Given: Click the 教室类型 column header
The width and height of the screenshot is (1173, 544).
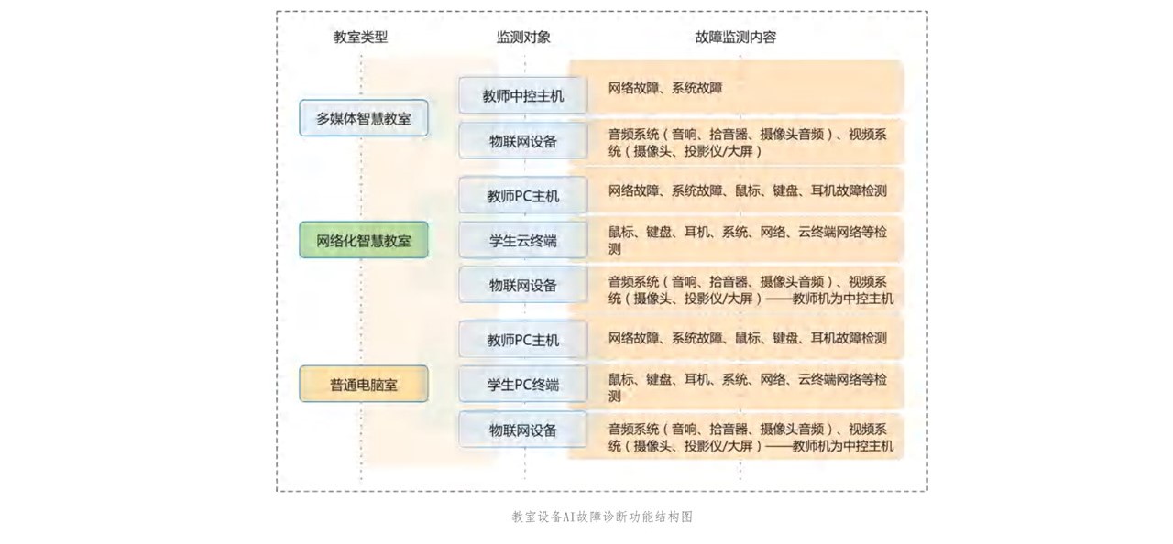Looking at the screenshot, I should point(360,38).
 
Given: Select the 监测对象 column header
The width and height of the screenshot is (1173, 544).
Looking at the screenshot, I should point(523,38).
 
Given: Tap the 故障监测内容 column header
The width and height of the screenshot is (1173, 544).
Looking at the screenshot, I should point(735,38).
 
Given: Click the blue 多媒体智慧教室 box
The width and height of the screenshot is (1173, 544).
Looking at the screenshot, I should point(364,118).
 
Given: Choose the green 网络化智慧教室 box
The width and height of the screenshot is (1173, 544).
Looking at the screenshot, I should point(364,241).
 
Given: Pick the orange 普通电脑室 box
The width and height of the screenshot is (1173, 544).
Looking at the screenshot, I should point(364,385).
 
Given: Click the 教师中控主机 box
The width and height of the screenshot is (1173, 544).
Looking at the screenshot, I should point(523,95).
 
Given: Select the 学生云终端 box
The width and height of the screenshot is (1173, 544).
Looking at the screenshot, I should point(523,241).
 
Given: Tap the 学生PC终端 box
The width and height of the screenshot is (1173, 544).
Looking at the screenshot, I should point(523,385).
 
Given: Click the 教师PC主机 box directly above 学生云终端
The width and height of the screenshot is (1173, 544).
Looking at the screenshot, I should point(523,196).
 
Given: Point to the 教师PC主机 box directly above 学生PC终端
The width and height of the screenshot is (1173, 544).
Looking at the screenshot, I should point(523,340).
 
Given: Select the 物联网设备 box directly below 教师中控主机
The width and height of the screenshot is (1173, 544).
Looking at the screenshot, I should point(523,141).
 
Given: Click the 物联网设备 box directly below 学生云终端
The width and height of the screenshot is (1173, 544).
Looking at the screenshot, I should point(523,285).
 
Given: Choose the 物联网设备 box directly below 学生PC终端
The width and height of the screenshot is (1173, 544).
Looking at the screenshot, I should point(523,430).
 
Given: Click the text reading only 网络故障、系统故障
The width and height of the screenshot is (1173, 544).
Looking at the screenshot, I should point(665,88).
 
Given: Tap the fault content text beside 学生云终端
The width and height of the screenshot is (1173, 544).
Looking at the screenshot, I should point(747,240).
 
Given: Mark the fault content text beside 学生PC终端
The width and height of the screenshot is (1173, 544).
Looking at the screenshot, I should point(747,387).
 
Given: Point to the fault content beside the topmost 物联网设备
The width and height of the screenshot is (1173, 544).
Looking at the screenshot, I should point(747,142).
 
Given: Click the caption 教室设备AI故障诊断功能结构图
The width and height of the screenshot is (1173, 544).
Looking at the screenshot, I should point(602,517).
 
